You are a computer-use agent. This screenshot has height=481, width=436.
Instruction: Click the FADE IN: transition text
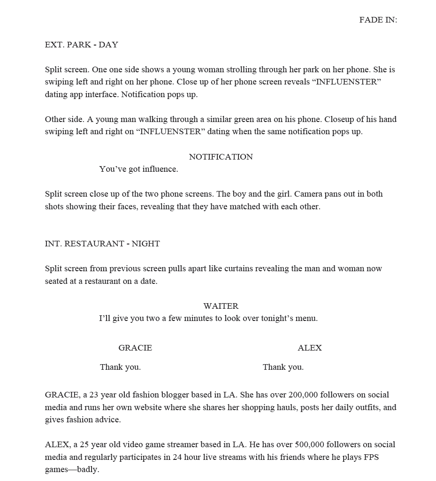(378, 20)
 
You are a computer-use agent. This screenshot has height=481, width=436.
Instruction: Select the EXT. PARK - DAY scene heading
(81, 45)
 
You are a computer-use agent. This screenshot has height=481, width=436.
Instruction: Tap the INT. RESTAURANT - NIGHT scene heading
(102, 244)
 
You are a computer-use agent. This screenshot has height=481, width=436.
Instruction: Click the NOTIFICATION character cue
(221, 157)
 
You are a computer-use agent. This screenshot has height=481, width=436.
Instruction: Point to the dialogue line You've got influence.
(138, 169)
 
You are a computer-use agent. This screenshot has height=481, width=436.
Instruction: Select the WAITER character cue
(221, 306)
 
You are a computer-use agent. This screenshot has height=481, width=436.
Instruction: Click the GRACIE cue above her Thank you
(135, 348)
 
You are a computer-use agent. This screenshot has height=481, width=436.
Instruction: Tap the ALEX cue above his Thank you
(310, 348)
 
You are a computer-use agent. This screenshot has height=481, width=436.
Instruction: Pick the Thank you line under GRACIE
(120, 367)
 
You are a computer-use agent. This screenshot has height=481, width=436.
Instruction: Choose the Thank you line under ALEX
(283, 367)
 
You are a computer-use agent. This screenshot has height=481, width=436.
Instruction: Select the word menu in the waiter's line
(306, 319)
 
